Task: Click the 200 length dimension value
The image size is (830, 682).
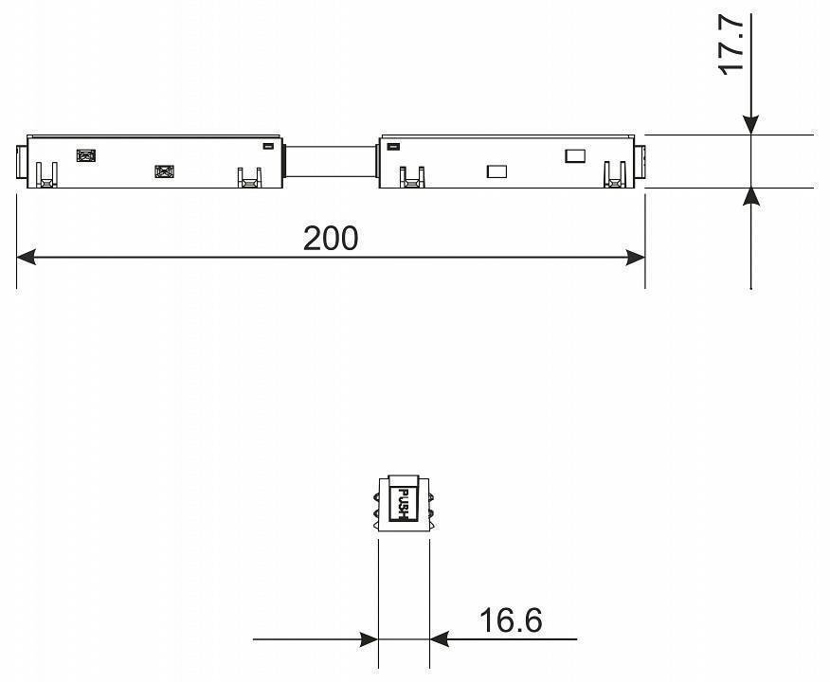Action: [x=331, y=239]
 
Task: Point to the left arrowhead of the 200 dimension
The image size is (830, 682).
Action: [x=27, y=257]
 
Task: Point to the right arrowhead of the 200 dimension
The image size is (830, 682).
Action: [x=636, y=257]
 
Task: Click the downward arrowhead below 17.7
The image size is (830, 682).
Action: [x=750, y=124]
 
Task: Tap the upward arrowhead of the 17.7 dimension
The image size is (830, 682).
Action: [x=750, y=197]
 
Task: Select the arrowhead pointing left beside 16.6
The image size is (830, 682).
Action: [x=440, y=639]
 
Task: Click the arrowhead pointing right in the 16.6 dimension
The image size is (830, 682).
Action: [x=369, y=639]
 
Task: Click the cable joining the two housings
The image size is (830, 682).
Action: [x=333, y=160]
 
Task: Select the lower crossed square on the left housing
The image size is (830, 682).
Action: [x=164, y=171]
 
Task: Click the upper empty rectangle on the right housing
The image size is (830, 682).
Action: [x=575, y=155]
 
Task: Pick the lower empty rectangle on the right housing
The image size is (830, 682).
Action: [x=496, y=171]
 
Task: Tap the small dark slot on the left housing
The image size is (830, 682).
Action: [x=267, y=147]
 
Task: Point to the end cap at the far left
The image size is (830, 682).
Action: [x=21, y=161]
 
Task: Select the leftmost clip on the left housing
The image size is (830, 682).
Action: [x=45, y=175]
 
